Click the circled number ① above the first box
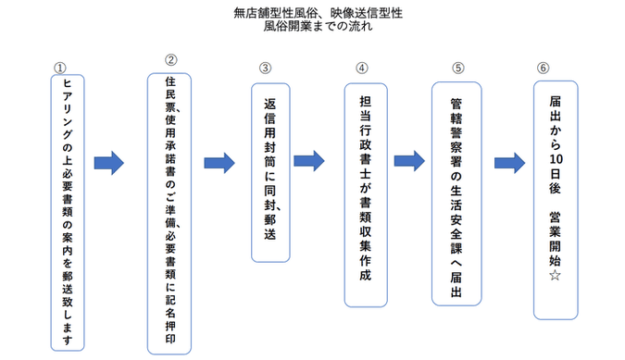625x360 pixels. point(60,68)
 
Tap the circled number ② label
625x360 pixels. point(170,60)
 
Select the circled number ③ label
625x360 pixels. point(265,68)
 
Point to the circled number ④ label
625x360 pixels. point(361,68)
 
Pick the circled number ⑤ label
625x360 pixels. point(457,68)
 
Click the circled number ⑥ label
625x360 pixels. point(543,68)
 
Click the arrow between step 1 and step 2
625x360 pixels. point(109,163)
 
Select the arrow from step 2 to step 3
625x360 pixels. point(219,163)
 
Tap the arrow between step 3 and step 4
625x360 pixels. point(309,160)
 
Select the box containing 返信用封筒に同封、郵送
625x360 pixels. point(270,171)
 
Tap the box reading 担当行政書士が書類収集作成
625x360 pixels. point(365,193)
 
